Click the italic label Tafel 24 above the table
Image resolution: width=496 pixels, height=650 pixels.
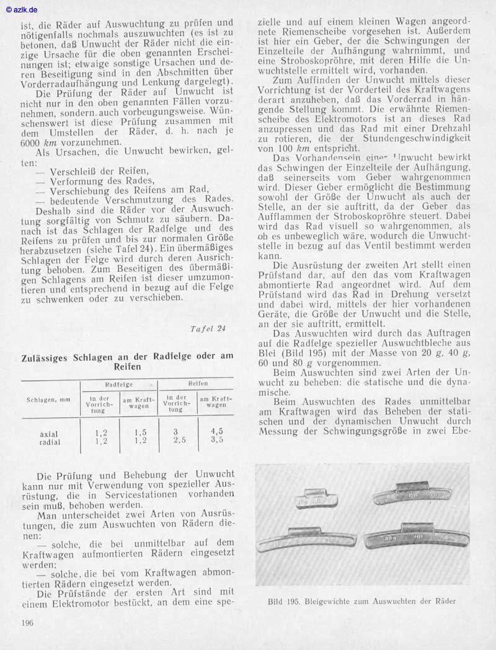(x=208, y=328)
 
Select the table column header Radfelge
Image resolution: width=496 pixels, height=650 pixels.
(x=118, y=384)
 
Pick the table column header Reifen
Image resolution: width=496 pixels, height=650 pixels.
(x=198, y=384)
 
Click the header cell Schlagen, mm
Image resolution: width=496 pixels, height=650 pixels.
(x=48, y=400)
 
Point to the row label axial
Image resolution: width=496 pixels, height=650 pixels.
(x=50, y=434)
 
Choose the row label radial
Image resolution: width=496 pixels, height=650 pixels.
(x=50, y=442)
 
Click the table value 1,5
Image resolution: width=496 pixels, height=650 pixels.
(x=140, y=432)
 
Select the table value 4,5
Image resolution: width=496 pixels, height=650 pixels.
(x=217, y=431)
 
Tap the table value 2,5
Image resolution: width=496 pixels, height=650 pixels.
(x=180, y=440)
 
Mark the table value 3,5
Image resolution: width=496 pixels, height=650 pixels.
(x=217, y=440)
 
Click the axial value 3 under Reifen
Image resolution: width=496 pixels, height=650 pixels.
(x=176, y=431)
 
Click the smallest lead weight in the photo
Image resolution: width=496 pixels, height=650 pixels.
(x=316, y=498)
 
